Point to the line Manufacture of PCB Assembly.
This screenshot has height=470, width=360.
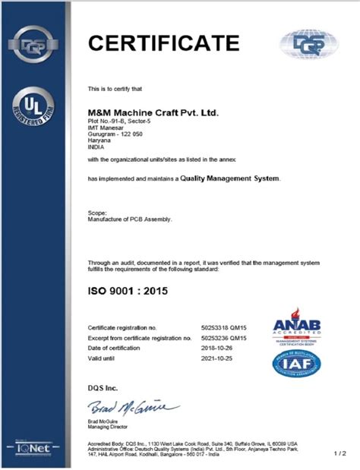(131, 219)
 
